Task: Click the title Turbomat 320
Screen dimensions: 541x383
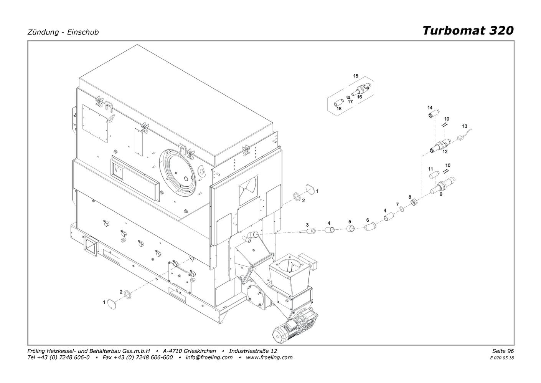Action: click(468, 31)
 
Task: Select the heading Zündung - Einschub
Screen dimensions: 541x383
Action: click(63, 32)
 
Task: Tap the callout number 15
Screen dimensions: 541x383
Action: click(356, 76)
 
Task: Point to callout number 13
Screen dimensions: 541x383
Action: click(465, 126)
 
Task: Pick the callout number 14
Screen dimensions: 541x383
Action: click(430, 108)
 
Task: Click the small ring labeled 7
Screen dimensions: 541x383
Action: click(402, 209)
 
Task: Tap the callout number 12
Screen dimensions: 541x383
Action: click(445, 152)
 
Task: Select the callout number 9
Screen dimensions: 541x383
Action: click(441, 194)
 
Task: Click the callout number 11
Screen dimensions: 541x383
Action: click(430, 169)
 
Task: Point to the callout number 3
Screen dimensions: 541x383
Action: click(307, 225)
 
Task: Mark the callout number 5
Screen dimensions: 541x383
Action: click(350, 222)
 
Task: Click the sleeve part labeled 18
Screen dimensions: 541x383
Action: click(339, 104)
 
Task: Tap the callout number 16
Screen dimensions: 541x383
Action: click(360, 97)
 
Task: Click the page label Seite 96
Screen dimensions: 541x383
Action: click(503, 351)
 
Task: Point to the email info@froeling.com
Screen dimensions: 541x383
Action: click(209, 357)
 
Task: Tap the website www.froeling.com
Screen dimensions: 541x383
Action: click(269, 357)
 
